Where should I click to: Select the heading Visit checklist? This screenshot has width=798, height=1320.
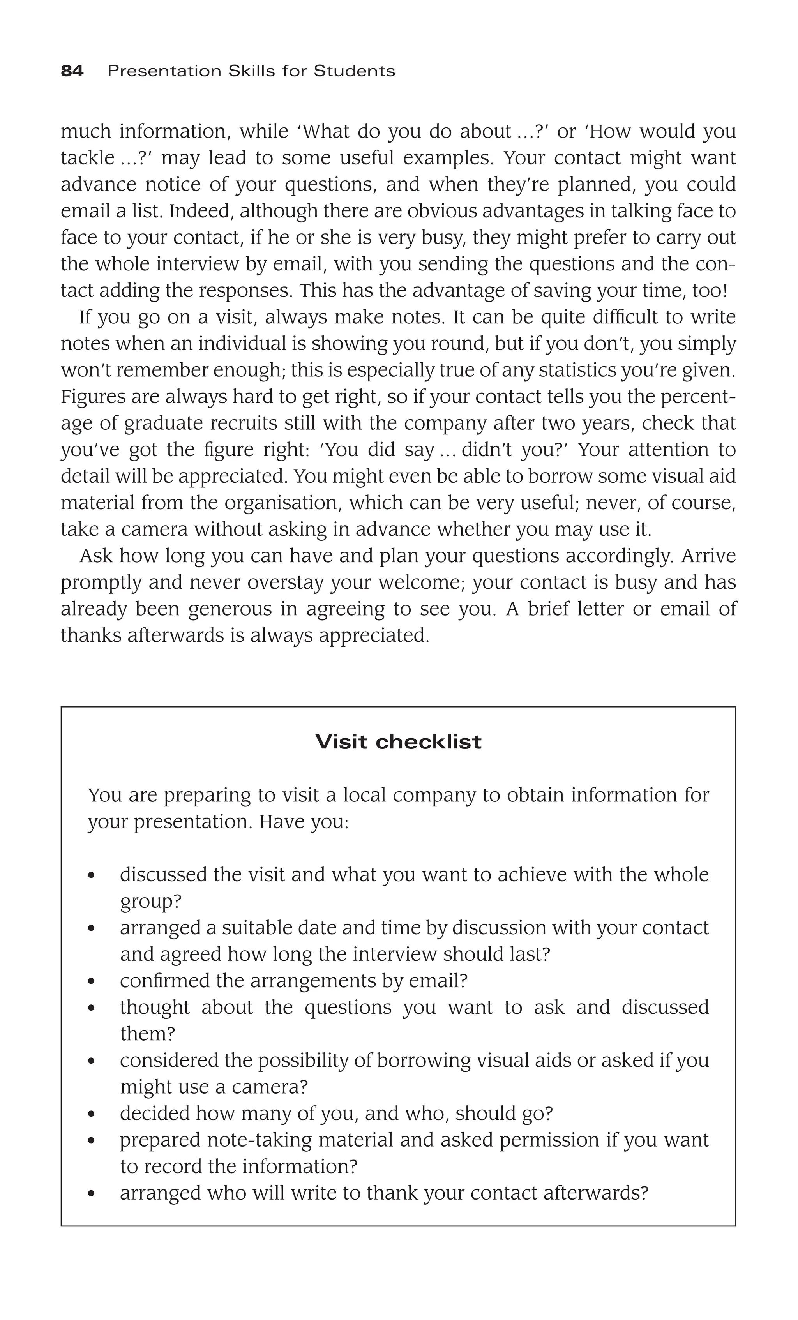click(398, 742)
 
